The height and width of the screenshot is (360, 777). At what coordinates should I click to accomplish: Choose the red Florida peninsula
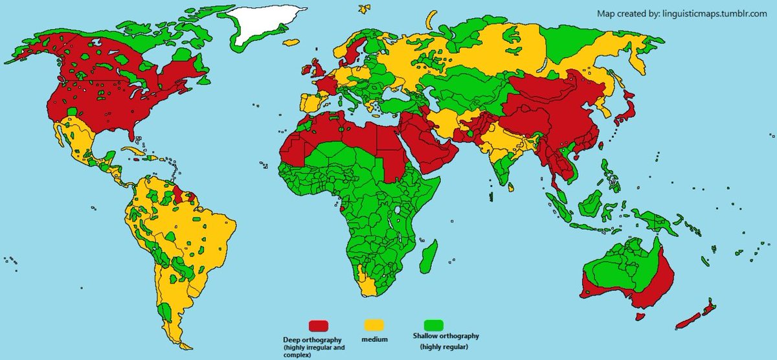click(133, 133)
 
